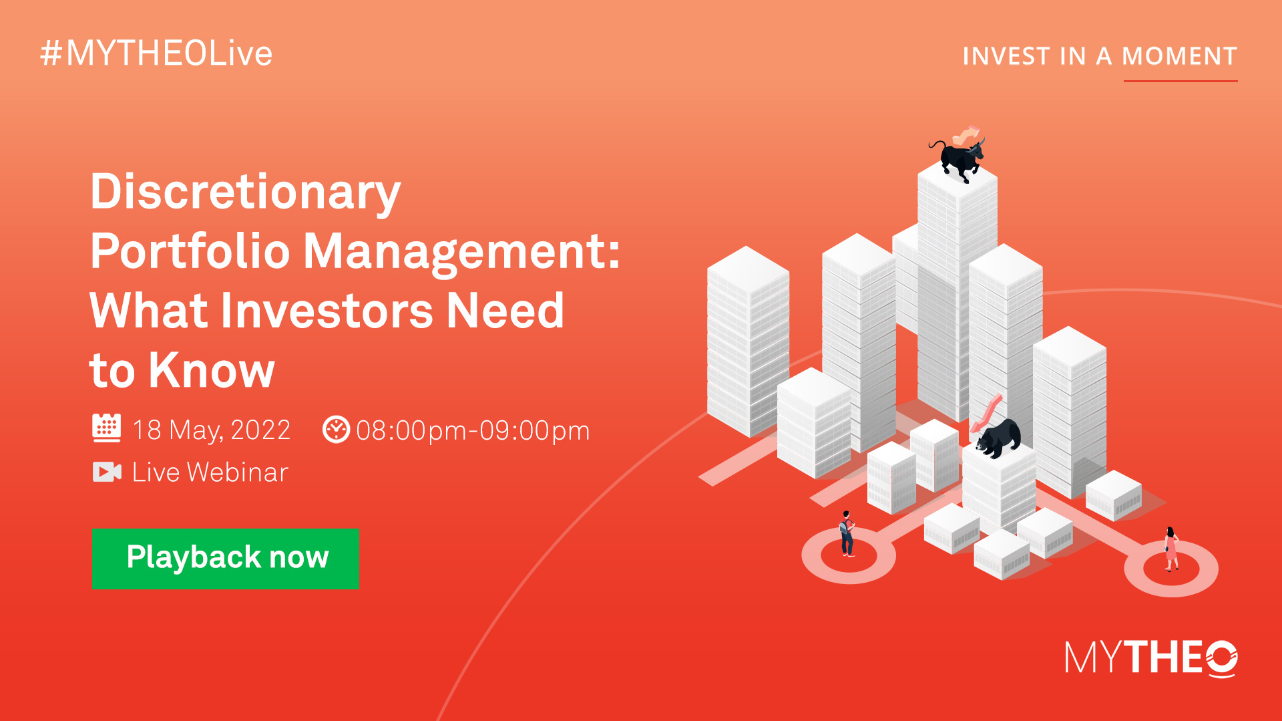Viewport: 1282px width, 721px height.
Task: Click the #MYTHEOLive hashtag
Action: (156, 53)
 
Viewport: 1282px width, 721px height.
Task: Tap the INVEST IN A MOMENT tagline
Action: (1100, 56)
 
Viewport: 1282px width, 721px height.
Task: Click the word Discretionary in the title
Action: (246, 192)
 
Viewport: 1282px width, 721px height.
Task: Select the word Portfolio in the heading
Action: (190, 251)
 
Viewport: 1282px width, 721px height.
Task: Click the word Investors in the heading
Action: (327, 311)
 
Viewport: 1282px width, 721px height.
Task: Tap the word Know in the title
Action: (212, 370)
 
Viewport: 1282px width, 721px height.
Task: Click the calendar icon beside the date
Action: (106, 428)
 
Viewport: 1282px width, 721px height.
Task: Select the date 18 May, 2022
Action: (211, 430)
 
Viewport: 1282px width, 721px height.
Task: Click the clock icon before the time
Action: (336, 430)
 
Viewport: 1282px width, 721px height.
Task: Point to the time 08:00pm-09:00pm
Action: (473, 431)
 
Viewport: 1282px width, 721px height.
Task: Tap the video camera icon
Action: (107, 472)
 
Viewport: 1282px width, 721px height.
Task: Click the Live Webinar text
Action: (210, 472)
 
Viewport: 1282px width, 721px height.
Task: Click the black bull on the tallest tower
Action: (958, 158)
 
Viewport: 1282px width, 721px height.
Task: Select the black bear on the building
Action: (998, 438)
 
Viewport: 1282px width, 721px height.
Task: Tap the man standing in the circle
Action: (847, 534)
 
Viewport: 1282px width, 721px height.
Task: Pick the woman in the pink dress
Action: (1171, 549)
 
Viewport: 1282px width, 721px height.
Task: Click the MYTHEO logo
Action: (1151, 659)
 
